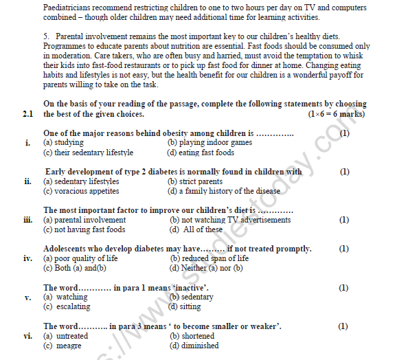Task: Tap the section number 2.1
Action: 27,113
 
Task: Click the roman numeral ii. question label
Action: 27,181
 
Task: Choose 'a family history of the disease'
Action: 225,191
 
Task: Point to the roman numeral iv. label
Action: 27,258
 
